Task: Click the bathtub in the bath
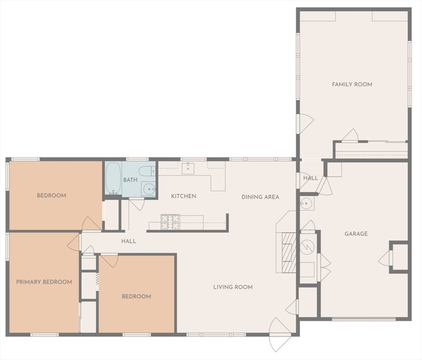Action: tap(113, 179)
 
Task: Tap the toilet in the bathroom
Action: tap(147, 171)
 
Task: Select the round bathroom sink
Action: tap(149, 189)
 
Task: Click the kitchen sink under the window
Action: tap(188, 168)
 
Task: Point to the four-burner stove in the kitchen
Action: tap(170, 222)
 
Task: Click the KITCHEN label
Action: tap(183, 196)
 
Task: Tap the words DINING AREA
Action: tap(260, 197)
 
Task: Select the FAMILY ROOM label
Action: tap(352, 84)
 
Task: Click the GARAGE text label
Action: tap(356, 233)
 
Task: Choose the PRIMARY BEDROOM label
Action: tap(44, 282)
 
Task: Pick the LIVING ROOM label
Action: tap(233, 287)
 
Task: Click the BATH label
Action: tap(130, 180)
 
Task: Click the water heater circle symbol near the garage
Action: tap(307, 245)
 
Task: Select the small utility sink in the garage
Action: tap(307, 203)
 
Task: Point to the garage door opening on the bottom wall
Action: tap(363, 319)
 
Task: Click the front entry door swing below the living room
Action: tap(280, 336)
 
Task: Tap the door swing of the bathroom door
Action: tap(137, 203)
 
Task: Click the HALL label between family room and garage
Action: tap(310, 178)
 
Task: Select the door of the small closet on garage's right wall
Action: tap(385, 258)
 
